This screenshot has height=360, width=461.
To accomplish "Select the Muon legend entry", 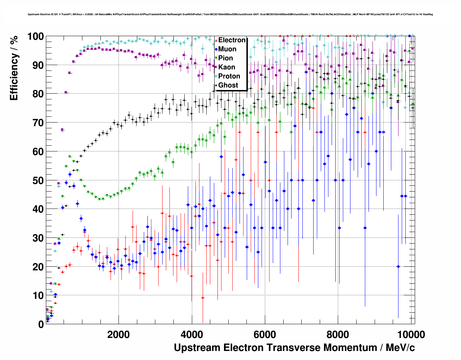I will click(227, 49).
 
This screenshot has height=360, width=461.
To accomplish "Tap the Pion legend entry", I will click(225, 58).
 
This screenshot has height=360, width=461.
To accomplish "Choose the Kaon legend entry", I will click(227, 67).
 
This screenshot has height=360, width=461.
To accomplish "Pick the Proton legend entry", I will click(229, 76).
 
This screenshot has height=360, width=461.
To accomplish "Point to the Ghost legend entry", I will click(228, 85).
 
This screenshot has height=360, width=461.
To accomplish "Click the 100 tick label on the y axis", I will click(35, 37).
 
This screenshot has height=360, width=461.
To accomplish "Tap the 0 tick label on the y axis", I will click(41, 324).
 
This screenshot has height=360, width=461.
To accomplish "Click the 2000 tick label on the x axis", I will click(119, 334).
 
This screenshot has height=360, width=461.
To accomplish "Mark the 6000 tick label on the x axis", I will click(265, 334).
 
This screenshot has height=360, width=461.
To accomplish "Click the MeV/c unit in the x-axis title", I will click(400, 348).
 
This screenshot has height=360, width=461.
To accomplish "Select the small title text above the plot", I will click(230, 14).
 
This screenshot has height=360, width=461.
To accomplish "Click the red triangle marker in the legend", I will click(216, 40).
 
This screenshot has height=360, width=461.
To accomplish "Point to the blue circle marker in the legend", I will click(216, 49).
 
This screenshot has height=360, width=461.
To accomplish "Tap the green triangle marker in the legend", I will click(216, 58).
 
